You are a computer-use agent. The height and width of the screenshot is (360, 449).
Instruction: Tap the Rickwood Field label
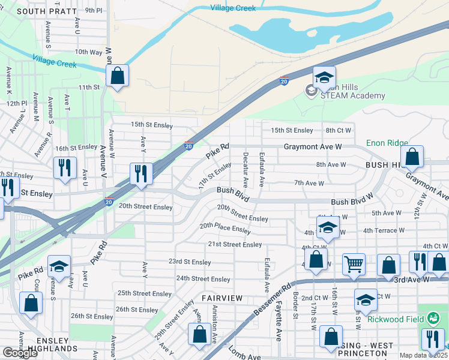393,319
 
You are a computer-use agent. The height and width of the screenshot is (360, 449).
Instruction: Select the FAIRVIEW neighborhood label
222,298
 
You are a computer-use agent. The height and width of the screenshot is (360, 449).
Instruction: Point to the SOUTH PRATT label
47,11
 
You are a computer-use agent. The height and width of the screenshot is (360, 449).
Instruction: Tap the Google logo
19,353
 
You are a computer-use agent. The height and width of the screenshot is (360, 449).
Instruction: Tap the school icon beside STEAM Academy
324,78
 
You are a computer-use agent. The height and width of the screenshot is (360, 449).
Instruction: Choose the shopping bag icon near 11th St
117,76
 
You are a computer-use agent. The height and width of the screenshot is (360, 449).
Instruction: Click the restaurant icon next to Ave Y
140,174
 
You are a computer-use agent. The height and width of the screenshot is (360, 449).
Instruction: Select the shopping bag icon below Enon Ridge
412,157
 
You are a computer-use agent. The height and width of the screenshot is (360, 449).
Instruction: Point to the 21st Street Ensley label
235,244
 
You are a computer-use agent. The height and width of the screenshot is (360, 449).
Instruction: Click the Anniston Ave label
214,325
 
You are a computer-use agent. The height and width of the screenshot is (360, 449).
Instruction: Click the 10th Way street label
88,52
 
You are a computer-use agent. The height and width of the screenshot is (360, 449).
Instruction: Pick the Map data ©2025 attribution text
423,356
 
